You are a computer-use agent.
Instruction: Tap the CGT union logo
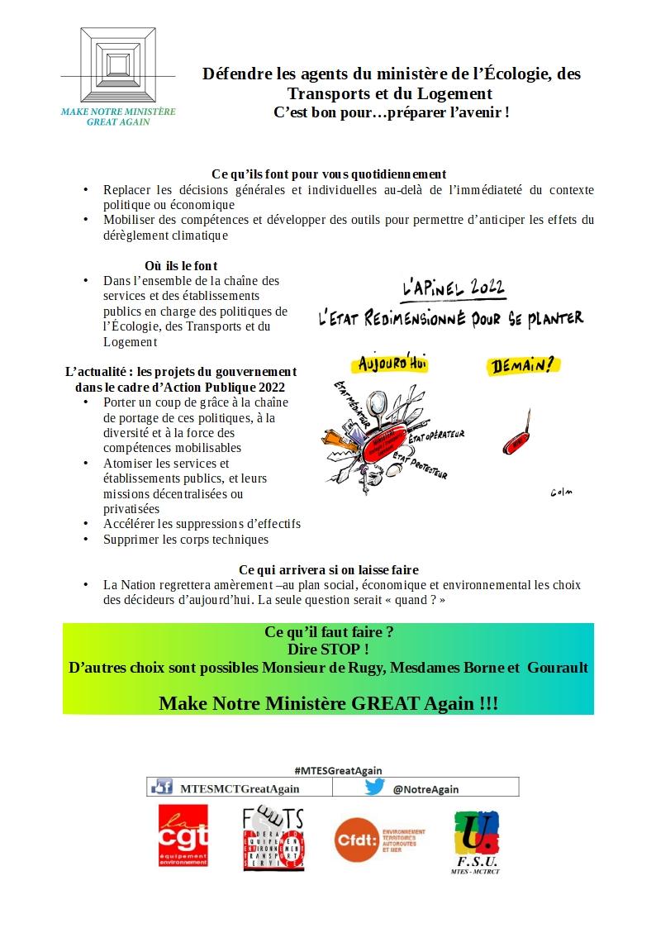183,838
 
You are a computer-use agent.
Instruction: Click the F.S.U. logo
477,840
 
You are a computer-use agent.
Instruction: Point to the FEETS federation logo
273,838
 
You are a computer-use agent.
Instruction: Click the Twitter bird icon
375,788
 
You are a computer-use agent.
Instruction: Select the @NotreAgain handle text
425,789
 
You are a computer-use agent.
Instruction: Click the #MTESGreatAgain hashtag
332,770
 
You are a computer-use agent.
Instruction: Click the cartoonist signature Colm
562,493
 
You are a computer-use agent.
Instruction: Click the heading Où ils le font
181,265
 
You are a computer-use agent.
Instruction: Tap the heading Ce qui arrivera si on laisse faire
328,569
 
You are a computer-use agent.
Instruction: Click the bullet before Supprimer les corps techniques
85,540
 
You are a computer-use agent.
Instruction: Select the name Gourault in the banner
557,667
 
